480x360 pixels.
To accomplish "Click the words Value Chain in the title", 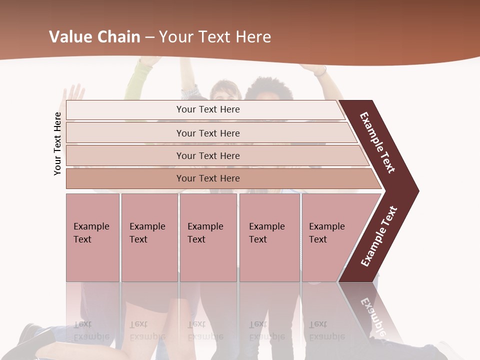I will [94, 37].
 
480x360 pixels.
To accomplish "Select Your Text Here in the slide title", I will [215, 37].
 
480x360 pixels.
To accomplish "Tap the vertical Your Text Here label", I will [57, 143].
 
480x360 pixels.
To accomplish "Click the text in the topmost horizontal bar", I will [208, 109].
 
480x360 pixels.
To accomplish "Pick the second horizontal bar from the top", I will [208, 133].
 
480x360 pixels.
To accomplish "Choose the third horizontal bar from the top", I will [208, 155].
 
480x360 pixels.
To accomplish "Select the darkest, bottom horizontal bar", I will [208, 178].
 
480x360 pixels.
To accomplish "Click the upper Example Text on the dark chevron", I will [377, 142].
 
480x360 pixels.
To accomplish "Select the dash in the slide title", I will [149, 37].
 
